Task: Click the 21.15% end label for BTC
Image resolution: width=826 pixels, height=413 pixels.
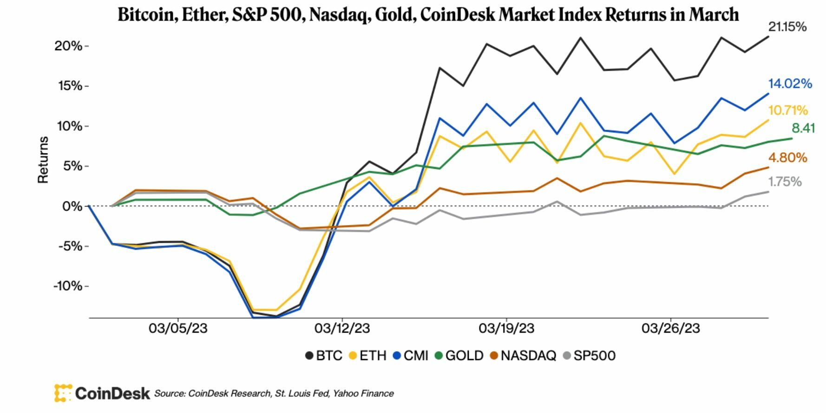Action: [x=787, y=27]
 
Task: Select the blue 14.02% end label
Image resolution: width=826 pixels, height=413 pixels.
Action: [x=790, y=84]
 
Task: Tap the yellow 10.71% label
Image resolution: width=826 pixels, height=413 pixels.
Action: [x=788, y=111]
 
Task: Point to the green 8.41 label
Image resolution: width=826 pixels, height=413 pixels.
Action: [x=803, y=128]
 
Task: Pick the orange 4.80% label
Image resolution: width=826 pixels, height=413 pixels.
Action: [x=788, y=158]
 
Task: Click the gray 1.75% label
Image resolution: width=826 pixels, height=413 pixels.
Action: [x=785, y=182]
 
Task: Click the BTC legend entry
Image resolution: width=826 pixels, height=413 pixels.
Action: [x=324, y=356]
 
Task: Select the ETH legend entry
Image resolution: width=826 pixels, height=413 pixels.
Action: [x=367, y=356]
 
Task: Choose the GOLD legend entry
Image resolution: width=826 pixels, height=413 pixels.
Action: [x=459, y=356]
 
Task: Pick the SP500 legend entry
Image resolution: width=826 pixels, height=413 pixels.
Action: [x=589, y=356]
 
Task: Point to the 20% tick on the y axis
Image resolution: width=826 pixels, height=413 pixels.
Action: [x=68, y=46]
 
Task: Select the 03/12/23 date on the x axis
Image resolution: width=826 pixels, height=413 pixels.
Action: [x=342, y=328]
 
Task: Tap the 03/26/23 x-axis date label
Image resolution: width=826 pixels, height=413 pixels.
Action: [x=670, y=328]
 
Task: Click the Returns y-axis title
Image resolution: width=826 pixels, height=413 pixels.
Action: [x=43, y=160]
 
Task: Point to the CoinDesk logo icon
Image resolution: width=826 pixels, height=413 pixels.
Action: [x=63, y=393]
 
